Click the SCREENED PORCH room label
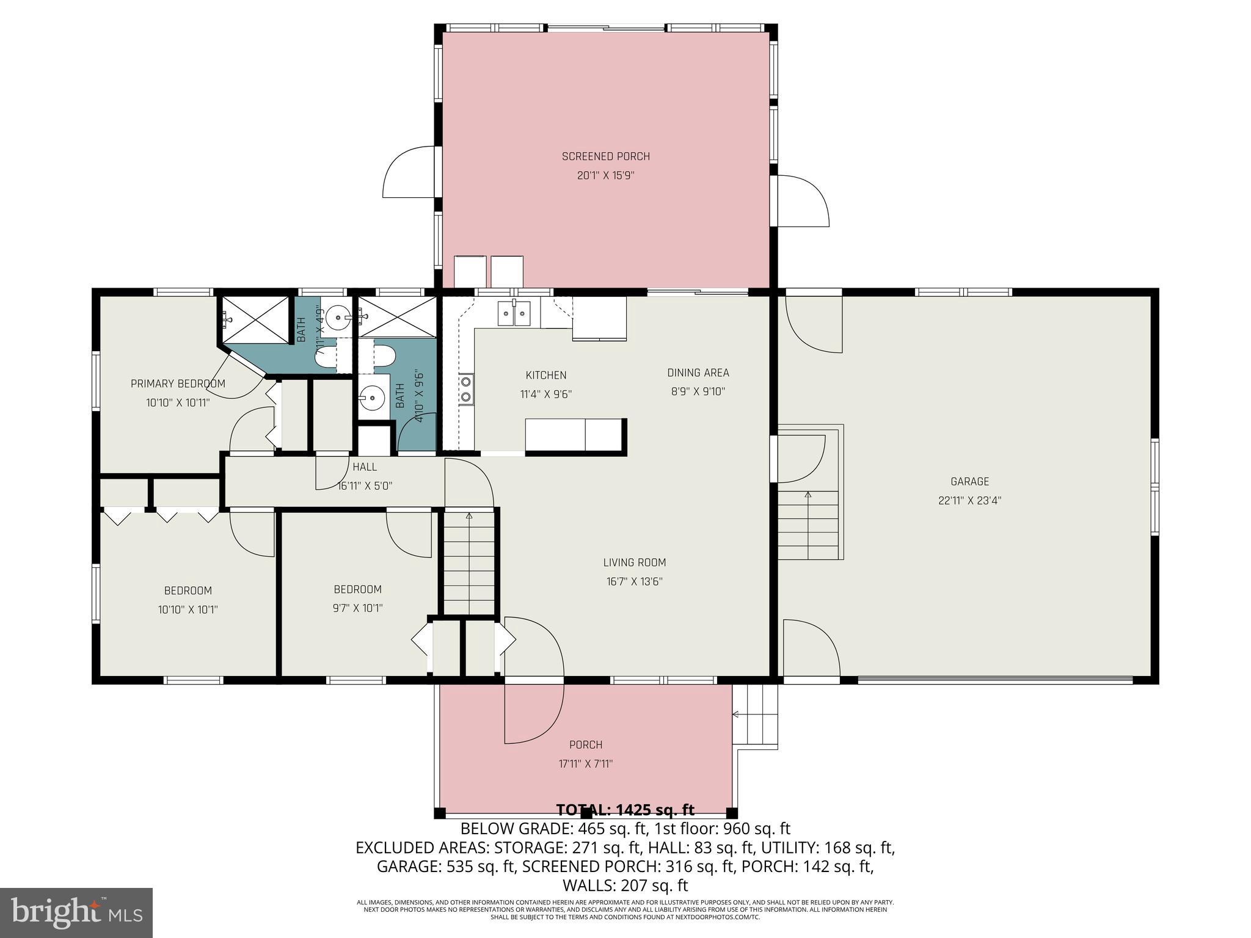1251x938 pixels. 605,156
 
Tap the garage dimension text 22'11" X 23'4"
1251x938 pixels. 969,501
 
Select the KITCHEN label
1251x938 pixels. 545,375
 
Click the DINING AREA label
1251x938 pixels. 698,373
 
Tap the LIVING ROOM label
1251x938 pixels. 634,562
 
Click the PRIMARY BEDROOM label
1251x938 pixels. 178,384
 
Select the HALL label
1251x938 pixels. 365,467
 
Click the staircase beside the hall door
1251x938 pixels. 469,562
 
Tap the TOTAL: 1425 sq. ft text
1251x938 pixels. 625,810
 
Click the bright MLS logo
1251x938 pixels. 76,913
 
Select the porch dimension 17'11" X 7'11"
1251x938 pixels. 585,763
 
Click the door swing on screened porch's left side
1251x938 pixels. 409,172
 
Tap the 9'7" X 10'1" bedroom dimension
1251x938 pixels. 357,608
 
